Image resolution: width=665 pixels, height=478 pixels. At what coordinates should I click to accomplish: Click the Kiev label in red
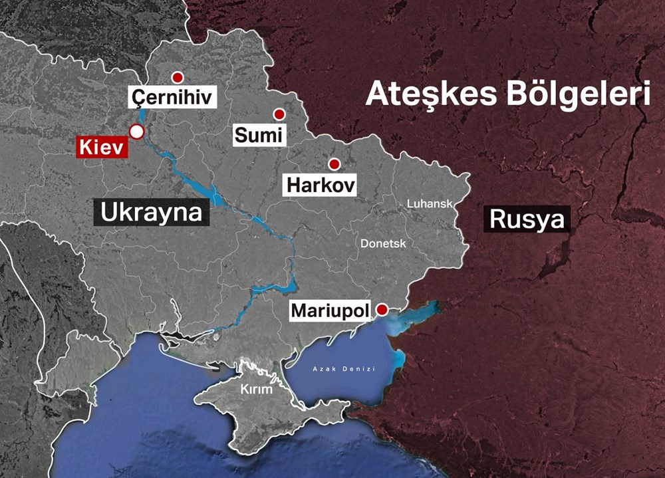coord(101,148)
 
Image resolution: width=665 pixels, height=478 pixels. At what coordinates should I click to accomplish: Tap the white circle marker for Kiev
coord(136,131)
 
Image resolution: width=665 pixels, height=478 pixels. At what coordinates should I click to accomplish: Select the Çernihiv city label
coord(172,98)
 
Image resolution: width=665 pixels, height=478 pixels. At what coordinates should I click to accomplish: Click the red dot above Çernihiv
coord(177,77)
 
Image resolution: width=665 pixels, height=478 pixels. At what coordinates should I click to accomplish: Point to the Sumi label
coord(259,136)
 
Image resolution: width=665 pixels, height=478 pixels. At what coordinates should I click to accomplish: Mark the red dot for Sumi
coord(279,114)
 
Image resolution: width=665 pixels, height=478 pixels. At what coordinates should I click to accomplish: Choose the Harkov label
coord(321,185)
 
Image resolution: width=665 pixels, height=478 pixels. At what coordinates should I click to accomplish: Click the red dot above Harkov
coord(334,164)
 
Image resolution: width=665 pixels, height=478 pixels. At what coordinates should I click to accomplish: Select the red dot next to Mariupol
coord(382,309)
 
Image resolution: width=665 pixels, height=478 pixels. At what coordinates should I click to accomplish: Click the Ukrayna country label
coord(151,213)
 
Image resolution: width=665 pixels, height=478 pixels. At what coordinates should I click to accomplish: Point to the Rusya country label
coord(527,219)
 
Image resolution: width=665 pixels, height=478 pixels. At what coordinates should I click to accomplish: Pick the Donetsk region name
coord(383,244)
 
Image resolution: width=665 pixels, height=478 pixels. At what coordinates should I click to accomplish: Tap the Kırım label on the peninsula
coord(257,389)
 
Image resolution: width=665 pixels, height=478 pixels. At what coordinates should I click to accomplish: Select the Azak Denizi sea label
coord(344,369)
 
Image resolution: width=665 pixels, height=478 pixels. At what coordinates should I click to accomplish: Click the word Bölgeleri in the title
coord(578,94)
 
